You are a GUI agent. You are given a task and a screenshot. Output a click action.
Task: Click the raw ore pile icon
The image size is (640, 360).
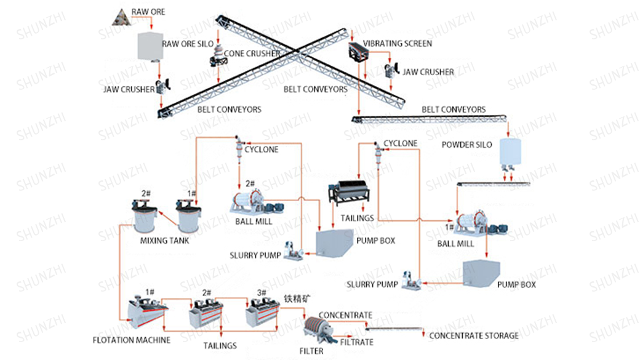[x=121, y=17]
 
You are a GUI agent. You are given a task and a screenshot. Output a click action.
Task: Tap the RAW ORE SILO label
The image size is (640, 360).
[x=188, y=44]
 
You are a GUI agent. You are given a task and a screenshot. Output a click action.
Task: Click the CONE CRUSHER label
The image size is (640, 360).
[x=252, y=54]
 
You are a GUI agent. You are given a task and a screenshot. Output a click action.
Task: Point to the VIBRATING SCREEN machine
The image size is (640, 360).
[x=359, y=52]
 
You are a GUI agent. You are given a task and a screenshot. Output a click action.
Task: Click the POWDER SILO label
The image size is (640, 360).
[x=467, y=145]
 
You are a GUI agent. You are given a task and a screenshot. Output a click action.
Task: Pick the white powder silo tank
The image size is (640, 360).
[x=510, y=151]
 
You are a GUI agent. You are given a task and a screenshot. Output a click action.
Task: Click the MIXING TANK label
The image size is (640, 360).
[x=164, y=241]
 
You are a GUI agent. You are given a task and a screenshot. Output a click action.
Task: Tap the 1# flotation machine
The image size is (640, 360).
[x=146, y=311]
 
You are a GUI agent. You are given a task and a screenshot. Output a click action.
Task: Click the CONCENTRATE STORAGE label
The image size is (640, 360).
[x=473, y=335]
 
